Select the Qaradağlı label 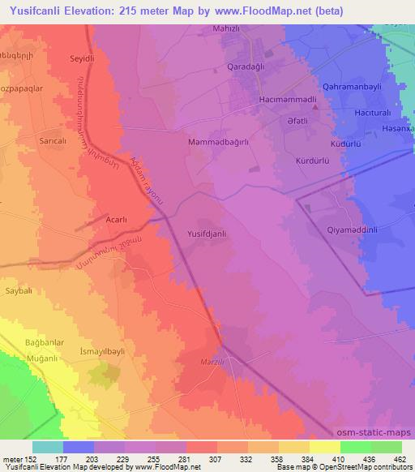pos(246,68)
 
